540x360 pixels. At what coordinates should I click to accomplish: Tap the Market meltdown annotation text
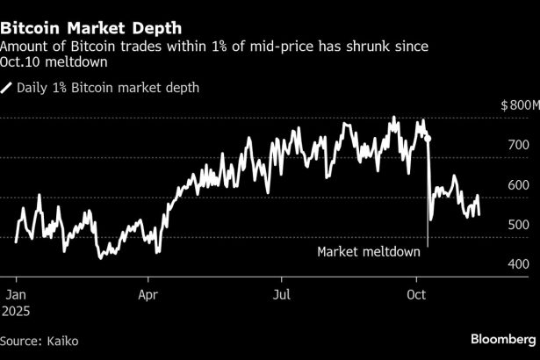[369, 252]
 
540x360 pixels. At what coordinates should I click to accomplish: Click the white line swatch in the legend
[8, 87]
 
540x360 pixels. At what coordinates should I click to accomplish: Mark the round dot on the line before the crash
[428, 138]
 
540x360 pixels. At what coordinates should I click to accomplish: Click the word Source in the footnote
[19, 340]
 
